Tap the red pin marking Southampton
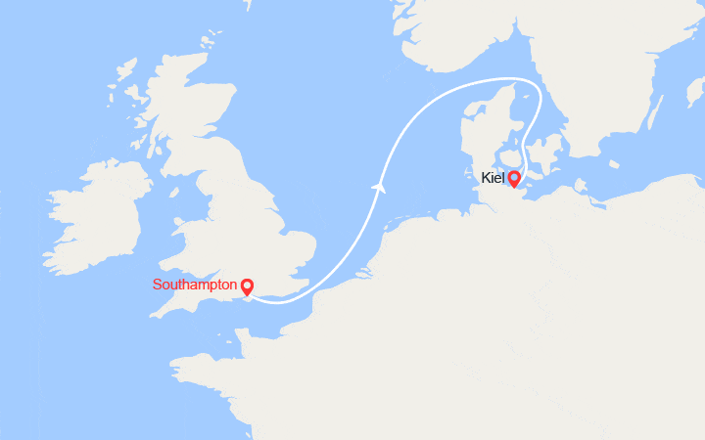click(247, 286)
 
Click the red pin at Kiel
click(514, 179)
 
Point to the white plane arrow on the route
click(377, 185)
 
